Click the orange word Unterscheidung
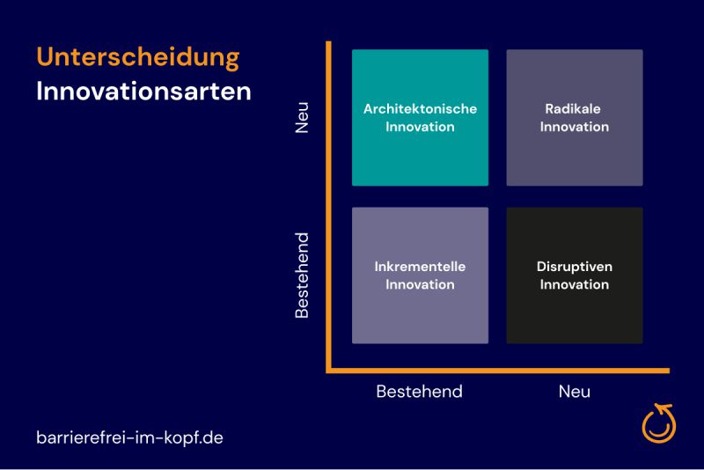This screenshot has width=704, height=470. [138, 58]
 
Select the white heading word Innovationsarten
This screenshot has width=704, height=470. [143, 92]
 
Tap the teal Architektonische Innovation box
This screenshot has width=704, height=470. [420, 118]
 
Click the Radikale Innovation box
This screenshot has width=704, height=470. [575, 118]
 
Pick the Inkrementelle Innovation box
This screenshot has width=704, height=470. [420, 275]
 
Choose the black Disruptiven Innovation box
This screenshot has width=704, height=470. [575, 275]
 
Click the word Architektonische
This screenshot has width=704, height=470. [420, 108]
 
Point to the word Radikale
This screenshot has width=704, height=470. [573, 108]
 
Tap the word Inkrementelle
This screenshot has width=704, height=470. [420, 266]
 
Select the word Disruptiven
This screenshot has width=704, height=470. [575, 266]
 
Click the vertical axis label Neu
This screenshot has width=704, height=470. [302, 118]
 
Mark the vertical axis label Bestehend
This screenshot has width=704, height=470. [302, 275]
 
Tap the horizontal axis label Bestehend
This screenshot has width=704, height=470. [420, 392]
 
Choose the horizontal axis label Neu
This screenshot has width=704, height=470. [575, 392]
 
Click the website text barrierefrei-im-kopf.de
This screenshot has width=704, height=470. [129, 437]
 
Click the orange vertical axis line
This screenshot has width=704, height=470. [328, 207]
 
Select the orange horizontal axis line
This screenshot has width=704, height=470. [498, 371]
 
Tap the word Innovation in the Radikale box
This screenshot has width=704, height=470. [575, 127]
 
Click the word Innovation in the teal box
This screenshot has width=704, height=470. [420, 127]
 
